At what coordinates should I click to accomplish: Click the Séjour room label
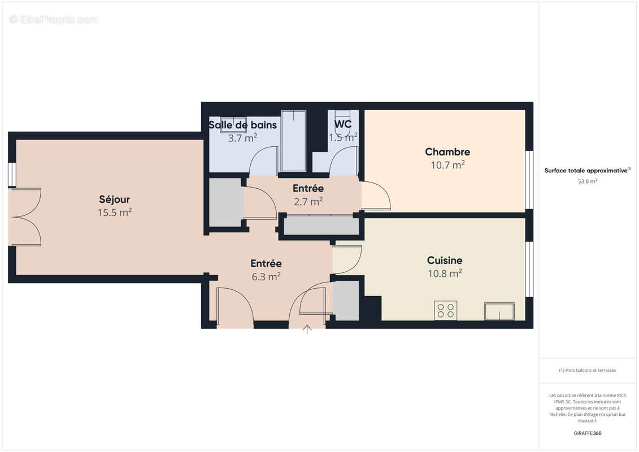[115, 199]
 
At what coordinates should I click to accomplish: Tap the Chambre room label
[447, 152]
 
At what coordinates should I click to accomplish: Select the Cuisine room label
[445, 260]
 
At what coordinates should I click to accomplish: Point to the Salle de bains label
[242, 125]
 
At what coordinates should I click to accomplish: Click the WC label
[343, 124]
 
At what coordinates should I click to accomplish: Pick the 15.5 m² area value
[115, 212]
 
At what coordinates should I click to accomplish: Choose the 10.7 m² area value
[447, 165]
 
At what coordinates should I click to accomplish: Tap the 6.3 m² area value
[266, 276]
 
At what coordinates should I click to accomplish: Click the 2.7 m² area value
[308, 201]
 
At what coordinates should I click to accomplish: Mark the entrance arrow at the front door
[307, 329]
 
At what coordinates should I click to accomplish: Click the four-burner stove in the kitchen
[446, 310]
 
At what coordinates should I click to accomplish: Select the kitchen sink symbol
[499, 311]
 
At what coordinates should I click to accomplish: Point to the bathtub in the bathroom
[294, 141]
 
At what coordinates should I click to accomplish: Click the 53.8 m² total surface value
[588, 182]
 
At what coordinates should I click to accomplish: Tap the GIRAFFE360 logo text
[588, 433]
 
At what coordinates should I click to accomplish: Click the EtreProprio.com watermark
[54, 20]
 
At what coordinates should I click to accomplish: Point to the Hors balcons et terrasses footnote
[588, 371]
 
